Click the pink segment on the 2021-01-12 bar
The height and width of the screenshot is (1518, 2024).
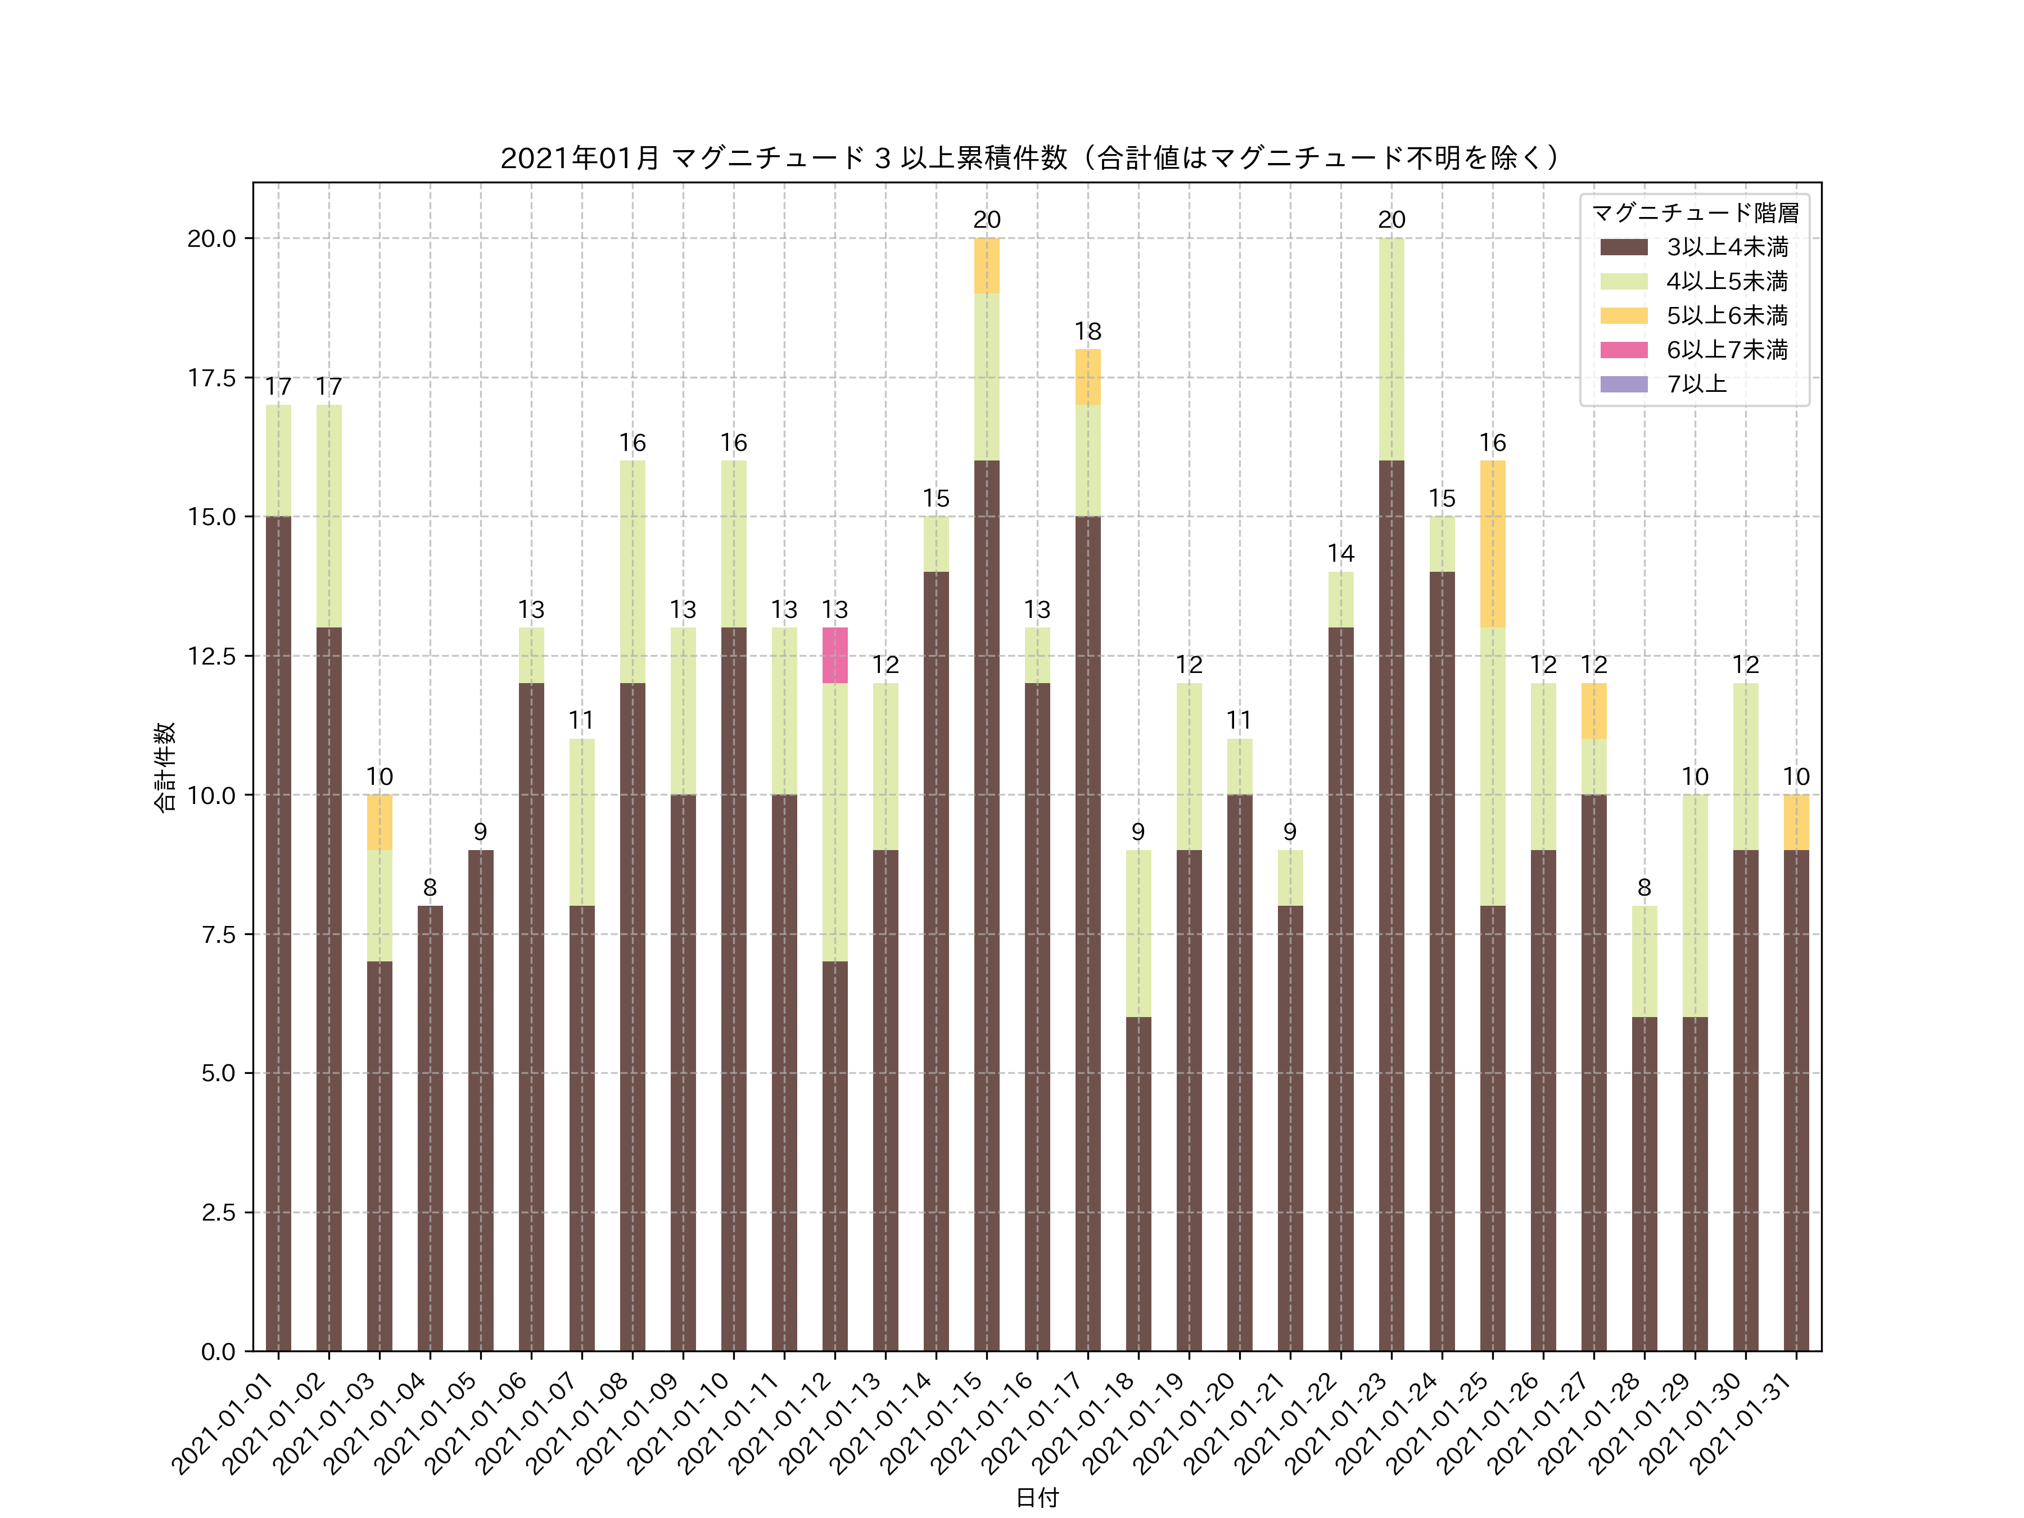[x=834, y=655]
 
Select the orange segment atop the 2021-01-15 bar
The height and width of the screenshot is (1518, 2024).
[x=986, y=265]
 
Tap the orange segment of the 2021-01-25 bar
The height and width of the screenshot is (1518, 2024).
[x=1492, y=544]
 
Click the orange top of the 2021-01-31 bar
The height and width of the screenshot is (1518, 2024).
[x=1796, y=821]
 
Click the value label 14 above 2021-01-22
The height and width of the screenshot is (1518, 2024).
[x=1340, y=554]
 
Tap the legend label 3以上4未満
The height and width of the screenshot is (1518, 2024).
[x=1727, y=247]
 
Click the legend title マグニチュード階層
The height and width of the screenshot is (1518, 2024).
[x=1695, y=213]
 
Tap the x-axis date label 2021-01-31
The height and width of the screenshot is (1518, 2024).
[x=1743, y=1423]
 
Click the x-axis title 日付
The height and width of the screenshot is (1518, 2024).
[x=1037, y=1497]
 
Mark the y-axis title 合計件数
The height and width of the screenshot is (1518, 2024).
[x=165, y=767]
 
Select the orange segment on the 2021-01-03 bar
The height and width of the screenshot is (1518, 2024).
[x=379, y=821]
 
